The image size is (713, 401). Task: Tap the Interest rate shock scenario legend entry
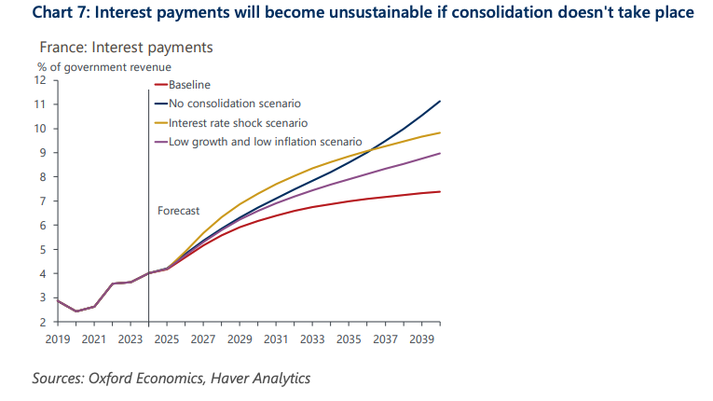[x=238, y=123]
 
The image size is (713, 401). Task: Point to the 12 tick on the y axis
[x=41, y=80]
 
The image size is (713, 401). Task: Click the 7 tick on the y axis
[x=43, y=201]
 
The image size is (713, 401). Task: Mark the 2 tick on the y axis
[x=43, y=323]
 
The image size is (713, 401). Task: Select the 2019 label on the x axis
[x=58, y=338]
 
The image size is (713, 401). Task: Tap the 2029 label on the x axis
[x=240, y=338]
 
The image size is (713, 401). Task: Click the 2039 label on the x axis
[x=421, y=338]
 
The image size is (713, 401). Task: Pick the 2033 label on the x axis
[x=312, y=338]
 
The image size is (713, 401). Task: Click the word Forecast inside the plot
[x=178, y=211]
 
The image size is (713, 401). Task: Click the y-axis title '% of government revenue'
[x=98, y=66]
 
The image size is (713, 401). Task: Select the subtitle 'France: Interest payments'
[x=126, y=47]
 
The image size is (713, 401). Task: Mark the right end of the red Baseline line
[x=440, y=192]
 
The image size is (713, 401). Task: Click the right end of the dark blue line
[x=440, y=101]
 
